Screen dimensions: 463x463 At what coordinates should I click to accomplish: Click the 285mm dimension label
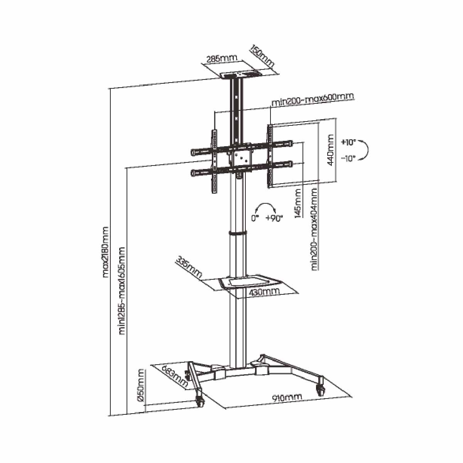(222, 59)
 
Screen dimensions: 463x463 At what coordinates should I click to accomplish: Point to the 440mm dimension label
(331, 150)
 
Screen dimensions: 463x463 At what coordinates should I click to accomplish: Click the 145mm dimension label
(298, 203)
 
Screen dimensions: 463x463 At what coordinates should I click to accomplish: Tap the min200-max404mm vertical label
(315, 229)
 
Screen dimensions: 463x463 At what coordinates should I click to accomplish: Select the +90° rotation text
(274, 218)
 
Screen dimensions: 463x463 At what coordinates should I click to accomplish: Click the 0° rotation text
(255, 218)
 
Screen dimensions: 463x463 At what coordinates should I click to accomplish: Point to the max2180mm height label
(106, 252)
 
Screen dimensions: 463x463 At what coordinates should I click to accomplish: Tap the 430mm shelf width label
(264, 292)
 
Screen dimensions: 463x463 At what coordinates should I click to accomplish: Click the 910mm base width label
(287, 397)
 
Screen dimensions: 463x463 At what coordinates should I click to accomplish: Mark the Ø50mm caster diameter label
(141, 386)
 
